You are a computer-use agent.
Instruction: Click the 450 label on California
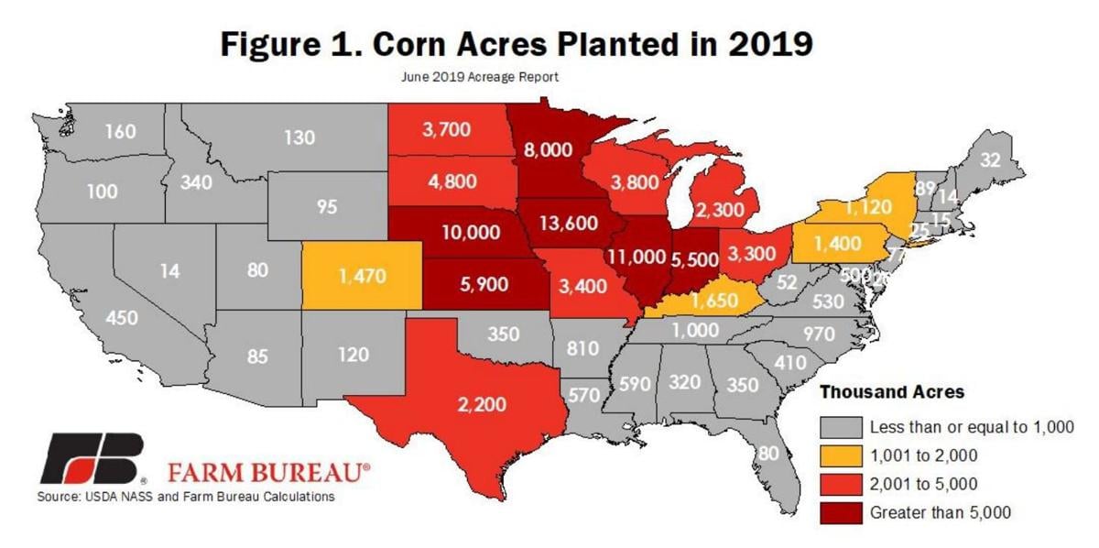coord(122,318)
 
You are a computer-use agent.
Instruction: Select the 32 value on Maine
coord(989,159)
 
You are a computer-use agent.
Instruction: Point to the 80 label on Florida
coord(768,452)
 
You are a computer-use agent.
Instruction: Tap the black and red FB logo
coord(92,460)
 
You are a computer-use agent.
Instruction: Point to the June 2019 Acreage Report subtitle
coord(480,77)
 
